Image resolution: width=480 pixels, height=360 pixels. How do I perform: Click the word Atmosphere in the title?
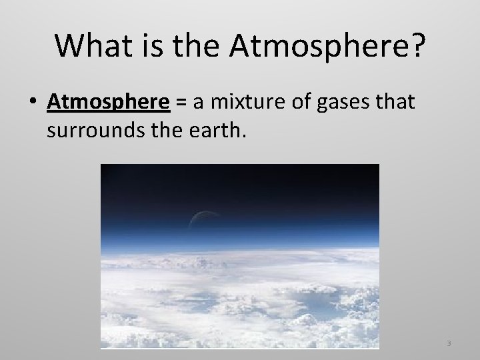click(316, 45)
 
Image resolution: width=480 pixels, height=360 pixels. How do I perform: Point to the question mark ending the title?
click(414, 45)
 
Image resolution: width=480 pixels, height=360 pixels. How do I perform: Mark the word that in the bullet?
click(395, 103)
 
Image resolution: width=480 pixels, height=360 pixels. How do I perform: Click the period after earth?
click(233, 135)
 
